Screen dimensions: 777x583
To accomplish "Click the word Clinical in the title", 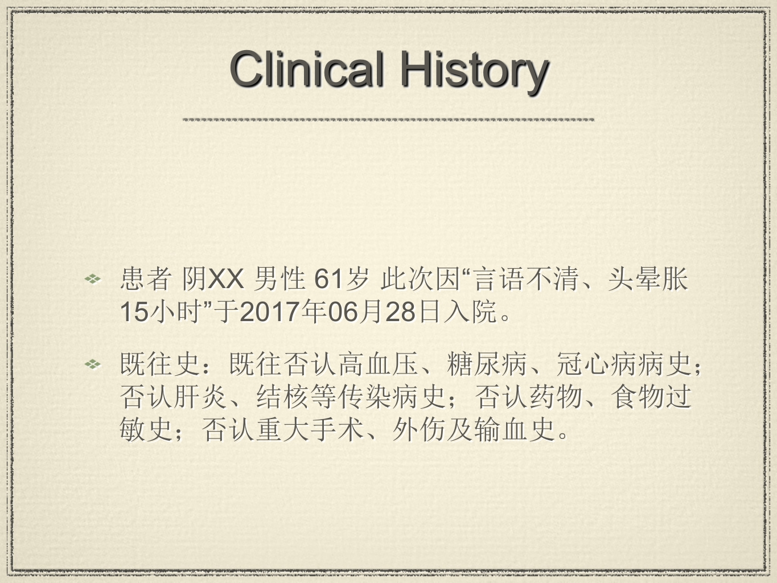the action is (x=307, y=69).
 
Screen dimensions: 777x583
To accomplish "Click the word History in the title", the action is (x=474, y=72).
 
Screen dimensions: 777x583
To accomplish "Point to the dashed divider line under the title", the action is (x=388, y=120).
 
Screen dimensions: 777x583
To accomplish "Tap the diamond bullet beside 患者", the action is (x=93, y=279).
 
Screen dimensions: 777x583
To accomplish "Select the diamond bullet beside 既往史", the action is (x=93, y=364).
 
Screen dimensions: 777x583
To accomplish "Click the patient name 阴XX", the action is (x=213, y=279).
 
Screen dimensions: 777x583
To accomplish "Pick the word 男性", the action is (x=279, y=279).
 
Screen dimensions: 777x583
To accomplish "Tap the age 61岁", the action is (x=342, y=279).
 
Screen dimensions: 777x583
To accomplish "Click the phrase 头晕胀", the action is (x=647, y=279).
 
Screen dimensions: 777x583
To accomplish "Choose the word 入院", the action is (x=470, y=311).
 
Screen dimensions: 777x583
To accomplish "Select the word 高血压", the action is (x=378, y=364).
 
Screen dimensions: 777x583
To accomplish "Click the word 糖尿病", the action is (x=487, y=364).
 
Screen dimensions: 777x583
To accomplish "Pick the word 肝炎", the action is (x=201, y=396).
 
